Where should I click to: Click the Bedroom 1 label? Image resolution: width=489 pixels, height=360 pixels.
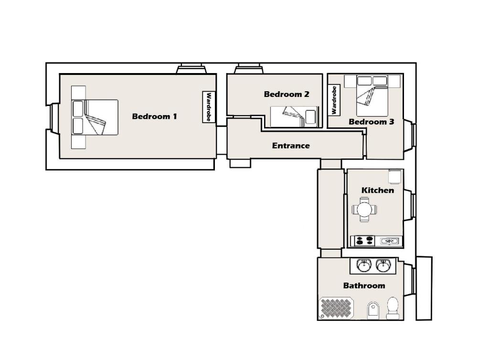(154, 116)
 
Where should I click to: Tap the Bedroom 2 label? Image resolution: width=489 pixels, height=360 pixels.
(287, 94)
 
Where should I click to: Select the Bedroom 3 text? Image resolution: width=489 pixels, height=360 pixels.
(371, 122)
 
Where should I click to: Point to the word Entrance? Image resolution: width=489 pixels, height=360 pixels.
(291, 146)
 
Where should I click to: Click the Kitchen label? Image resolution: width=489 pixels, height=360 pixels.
(377, 190)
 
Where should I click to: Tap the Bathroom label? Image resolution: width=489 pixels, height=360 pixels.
(364, 286)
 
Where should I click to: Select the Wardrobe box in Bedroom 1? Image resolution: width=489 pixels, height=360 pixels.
(209, 107)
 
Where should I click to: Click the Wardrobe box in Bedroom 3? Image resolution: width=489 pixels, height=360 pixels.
(334, 100)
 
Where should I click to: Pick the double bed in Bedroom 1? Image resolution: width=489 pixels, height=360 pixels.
(95, 117)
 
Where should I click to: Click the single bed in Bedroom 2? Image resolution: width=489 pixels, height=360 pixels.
(294, 117)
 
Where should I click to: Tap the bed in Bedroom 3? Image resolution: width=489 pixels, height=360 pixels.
(372, 95)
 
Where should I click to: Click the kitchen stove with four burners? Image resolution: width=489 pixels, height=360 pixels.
(365, 241)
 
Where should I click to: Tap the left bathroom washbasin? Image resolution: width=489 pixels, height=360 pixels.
(364, 266)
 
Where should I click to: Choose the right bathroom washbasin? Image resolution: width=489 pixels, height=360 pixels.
(383, 266)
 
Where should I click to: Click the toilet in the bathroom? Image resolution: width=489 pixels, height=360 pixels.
(393, 308)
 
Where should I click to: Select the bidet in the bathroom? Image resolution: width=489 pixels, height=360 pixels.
(373, 310)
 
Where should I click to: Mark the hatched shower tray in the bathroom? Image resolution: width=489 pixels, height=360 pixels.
(336, 308)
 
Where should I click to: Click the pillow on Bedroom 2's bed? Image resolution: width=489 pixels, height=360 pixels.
(310, 117)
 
